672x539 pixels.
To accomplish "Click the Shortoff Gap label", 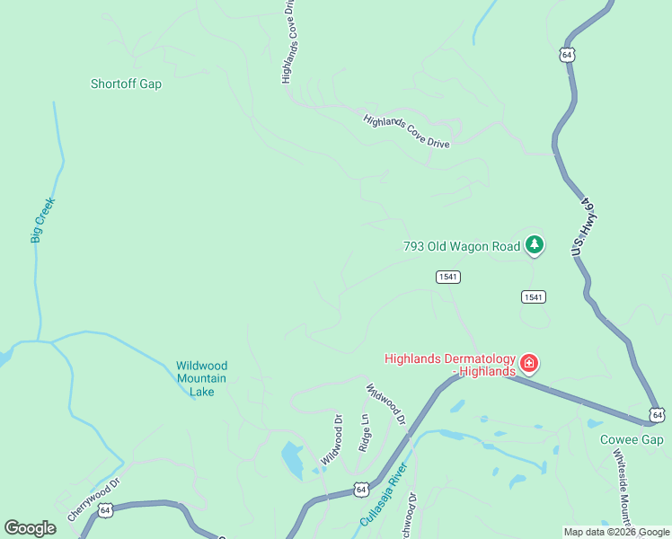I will click(126, 84).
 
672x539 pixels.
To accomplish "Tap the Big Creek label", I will click(42, 220).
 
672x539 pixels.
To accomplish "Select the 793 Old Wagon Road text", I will click(461, 245).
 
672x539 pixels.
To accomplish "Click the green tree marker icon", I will click(535, 243).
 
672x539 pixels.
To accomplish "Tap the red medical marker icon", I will click(529, 364).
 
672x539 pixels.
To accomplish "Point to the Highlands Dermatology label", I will click(450, 365).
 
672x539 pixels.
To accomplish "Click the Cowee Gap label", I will click(632, 439).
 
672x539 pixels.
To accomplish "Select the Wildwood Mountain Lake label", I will click(202, 378).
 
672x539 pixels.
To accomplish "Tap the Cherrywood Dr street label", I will click(93, 501).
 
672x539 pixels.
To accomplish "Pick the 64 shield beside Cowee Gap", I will click(659, 414).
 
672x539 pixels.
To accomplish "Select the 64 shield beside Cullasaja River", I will click(360, 490).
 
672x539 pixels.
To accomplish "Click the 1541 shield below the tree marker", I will click(534, 296).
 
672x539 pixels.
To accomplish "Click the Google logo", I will click(30, 528).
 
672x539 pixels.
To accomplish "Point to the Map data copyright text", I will click(616, 532).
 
